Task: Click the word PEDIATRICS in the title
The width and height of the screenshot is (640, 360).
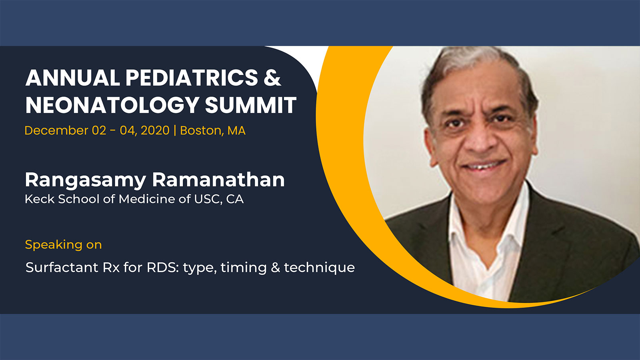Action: pos(192,78)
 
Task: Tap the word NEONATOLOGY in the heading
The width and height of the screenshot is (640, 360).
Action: pos(112,105)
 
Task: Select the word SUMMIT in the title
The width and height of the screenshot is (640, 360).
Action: pos(250,105)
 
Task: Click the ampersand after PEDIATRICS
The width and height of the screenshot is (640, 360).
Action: pos(272,78)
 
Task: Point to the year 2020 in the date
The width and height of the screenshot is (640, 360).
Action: pos(155,130)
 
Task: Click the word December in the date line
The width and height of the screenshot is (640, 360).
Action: pos(56,130)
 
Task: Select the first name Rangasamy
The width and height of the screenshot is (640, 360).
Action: pos(86,180)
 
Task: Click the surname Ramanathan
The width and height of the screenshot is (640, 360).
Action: pos(218,180)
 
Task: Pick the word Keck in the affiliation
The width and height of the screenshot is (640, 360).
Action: pos(40,199)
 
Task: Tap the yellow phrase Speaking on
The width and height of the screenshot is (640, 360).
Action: pos(64,245)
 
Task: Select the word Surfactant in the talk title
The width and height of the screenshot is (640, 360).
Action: pos(62,268)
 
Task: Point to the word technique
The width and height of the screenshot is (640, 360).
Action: pos(319,268)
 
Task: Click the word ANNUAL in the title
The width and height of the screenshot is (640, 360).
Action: pos(72,78)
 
